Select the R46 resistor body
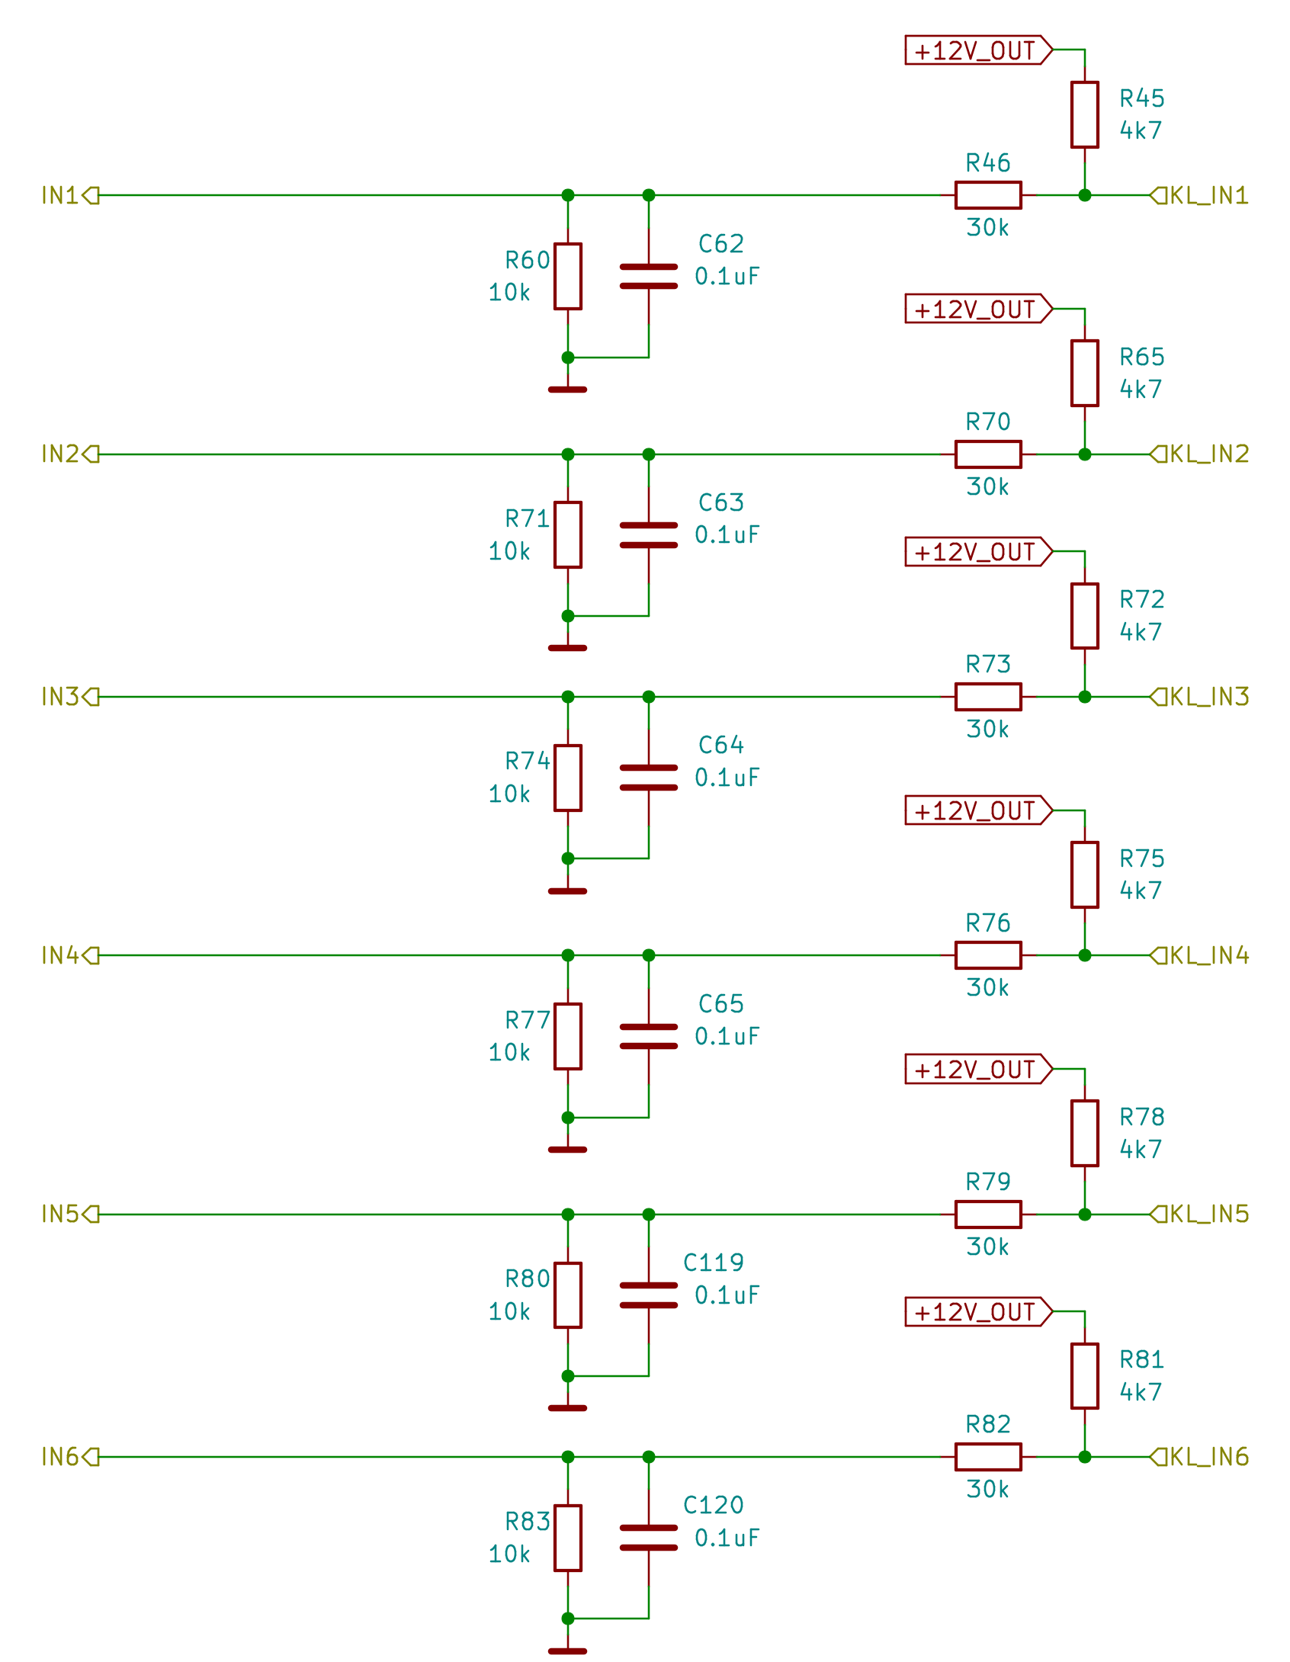pyautogui.click(x=987, y=195)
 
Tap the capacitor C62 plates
pyautogui.click(x=648, y=276)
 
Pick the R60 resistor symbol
pyautogui.click(x=567, y=276)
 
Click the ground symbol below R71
pyautogui.click(x=567, y=647)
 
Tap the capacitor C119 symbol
pyautogui.click(x=648, y=1295)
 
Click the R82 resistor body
pyautogui.click(x=987, y=1456)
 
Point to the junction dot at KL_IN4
pyautogui.click(x=1084, y=955)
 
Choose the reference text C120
pyautogui.click(x=713, y=1504)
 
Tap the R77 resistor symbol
pyautogui.click(x=567, y=1036)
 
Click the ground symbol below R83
pyautogui.click(x=567, y=1651)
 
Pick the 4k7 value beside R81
pyautogui.click(x=1140, y=1391)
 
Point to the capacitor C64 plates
pyautogui.click(x=648, y=777)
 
